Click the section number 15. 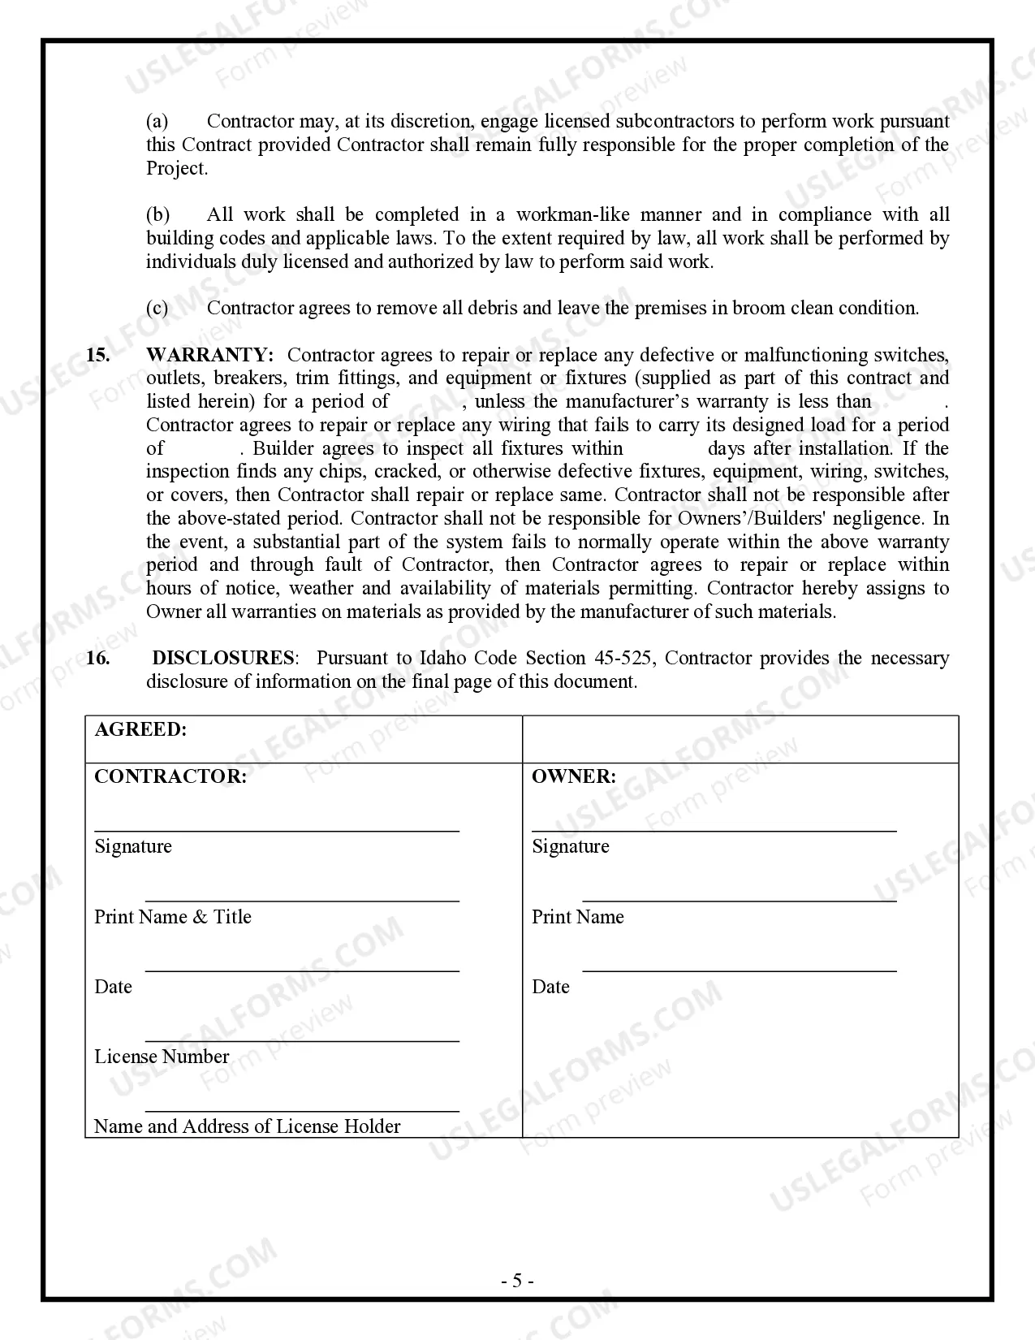coord(97,355)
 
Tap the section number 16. coord(97,658)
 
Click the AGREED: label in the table coord(140,729)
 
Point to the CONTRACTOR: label coord(170,776)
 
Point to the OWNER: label coord(573,776)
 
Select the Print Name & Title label coord(173,917)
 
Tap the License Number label coord(162,1057)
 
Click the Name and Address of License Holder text coord(247,1126)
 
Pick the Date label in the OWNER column coord(550,987)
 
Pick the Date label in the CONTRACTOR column coord(113,987)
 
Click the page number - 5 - coord(517,1282)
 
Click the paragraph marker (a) coord(157,122)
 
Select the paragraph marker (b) coord(157,215)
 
